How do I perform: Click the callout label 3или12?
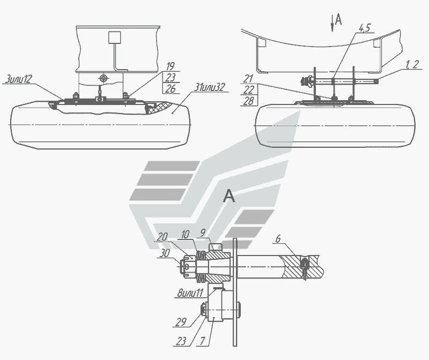(x=18, y=79)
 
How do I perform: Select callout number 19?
(x=170, y=66)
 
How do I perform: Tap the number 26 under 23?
(x=170, y=88)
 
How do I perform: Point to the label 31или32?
(x=209, y=87)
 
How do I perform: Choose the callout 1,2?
(x=412, y=65)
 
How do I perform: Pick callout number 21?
(x=248, y=79)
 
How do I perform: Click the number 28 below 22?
(x=248, y=101)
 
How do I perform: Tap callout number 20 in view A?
(x=162, y=237)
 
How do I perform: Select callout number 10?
(x=185, y=234)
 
